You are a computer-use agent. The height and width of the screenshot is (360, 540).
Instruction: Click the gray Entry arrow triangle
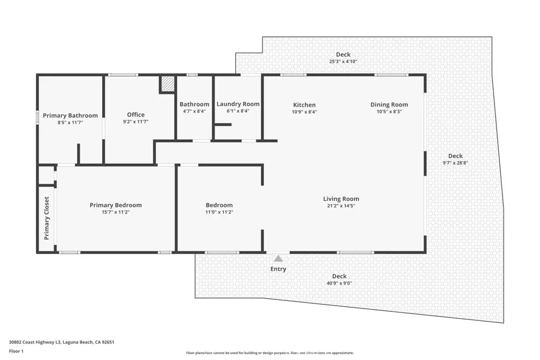click(278, 258)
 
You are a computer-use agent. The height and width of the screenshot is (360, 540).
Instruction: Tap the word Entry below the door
click(278, 269)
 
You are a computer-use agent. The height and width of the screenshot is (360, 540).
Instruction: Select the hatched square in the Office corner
click(168, 84)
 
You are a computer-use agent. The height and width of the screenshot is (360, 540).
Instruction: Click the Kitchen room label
click(304, 105)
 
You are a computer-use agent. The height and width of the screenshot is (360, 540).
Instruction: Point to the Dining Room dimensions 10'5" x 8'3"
click(389, 112)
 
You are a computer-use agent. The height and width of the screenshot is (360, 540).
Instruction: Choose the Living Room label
click(341, 199)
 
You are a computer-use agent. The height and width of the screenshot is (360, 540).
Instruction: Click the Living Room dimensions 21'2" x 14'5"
click(341, 206)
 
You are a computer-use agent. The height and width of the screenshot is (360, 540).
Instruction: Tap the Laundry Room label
click(238, 104)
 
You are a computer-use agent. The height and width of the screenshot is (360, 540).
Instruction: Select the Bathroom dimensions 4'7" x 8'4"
click(194, 111)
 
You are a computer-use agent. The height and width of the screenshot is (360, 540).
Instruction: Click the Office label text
click(136, 114)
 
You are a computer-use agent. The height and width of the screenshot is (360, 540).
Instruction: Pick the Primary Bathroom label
click(70, 115)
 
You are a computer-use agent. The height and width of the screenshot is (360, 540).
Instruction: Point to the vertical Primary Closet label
click(46, 218)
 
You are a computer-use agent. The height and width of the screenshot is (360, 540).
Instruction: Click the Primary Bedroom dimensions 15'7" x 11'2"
click(115, 212)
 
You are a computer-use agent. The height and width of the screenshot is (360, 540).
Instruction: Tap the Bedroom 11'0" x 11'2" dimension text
click(219, 212)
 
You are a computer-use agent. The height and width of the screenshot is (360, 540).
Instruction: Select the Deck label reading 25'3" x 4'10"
click(343, 62)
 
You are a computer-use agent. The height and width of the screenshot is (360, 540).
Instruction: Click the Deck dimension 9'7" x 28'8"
click(455, 163)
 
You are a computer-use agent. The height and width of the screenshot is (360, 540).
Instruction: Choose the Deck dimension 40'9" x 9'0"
click(339, 283)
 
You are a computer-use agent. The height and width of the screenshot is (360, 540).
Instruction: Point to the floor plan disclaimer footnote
click(269, 353)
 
